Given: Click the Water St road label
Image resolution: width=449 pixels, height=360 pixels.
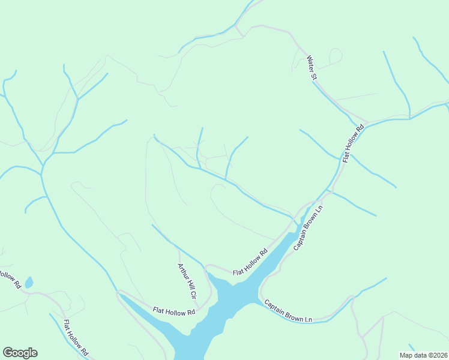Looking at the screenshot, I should (312, 68).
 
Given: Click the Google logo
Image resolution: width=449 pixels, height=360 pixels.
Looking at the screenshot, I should (20, 353).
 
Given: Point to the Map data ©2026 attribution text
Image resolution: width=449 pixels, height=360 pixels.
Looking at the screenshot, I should (423, 355).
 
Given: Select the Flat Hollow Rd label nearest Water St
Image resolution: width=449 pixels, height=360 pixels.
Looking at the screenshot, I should (354, 143).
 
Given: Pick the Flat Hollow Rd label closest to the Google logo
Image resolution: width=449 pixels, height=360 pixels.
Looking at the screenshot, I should (76, 338).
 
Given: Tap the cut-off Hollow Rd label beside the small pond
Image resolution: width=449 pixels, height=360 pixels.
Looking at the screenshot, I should (8, 280).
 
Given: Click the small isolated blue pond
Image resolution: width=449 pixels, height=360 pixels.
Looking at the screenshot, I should (28, 283).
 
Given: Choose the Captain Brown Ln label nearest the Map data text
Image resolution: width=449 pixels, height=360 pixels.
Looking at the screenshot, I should (289, 311).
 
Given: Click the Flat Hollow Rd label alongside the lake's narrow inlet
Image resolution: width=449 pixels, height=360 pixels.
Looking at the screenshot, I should (250, 263).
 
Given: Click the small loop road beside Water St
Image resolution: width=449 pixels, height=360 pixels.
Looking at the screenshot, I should (335, 56).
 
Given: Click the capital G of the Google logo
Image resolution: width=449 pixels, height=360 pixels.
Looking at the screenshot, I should (8, 353).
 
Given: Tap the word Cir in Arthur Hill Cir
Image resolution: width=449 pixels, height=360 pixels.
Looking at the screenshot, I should (193, 294).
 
